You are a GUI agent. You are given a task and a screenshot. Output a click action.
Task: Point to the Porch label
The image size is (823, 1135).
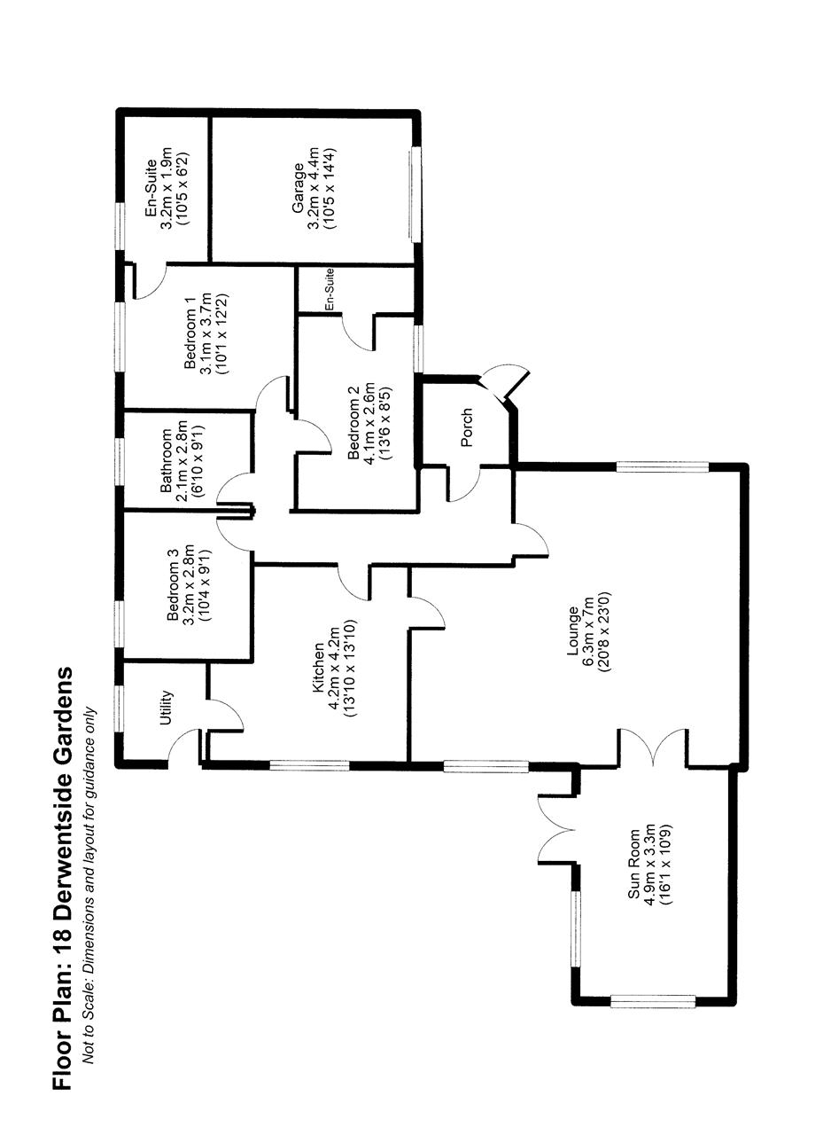pyautogui.click(x=468, y=427)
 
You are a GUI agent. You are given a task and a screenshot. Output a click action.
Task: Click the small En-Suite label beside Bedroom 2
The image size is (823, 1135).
pyautogui.click(x=329, y=289)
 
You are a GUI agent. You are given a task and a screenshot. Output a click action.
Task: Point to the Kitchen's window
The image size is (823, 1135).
pyautogui.click(x=309, y=764)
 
